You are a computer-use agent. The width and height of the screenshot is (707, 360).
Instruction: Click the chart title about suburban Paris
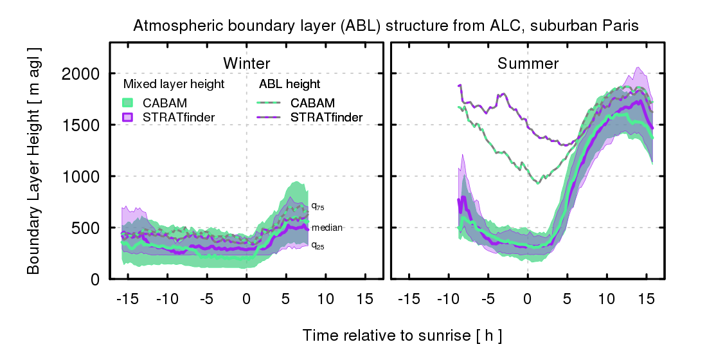385,26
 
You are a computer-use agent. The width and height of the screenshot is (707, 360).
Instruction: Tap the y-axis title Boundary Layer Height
34,160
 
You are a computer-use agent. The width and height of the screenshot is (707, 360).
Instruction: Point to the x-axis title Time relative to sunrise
402,336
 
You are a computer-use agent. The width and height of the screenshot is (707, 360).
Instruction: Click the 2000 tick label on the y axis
80,73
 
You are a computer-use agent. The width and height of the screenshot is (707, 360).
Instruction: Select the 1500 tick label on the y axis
80,125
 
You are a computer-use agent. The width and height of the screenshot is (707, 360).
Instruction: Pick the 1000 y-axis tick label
80,176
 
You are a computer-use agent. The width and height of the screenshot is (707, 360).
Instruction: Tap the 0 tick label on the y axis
94,279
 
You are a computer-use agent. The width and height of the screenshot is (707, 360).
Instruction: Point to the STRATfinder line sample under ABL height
271,116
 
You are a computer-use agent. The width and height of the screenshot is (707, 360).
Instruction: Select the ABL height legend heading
289,84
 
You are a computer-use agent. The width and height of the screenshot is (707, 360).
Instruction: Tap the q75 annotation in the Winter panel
317,206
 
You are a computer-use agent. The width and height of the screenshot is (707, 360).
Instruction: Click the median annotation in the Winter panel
327,228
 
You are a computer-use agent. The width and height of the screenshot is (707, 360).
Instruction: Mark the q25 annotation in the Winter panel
317,245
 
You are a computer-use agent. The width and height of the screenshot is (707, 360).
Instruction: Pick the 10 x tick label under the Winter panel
326,298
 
